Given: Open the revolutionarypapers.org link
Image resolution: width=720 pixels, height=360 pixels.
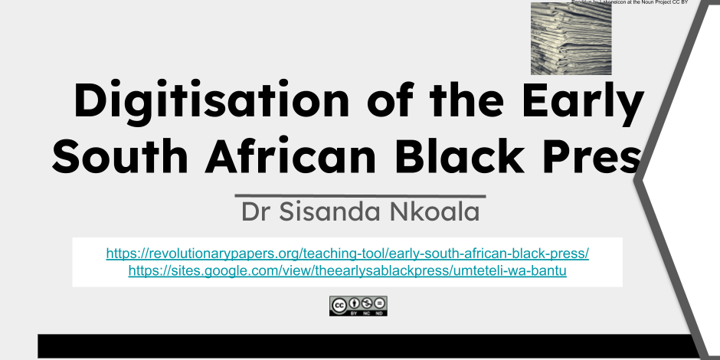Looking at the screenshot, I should click(x=347, y=253).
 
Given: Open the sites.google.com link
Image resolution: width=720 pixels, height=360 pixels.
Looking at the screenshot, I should click(x=347, y=270).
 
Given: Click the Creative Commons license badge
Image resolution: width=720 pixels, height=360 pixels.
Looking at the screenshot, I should click(x=358, y=306).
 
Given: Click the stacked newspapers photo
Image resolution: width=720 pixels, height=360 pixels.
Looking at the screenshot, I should click(x=571, y=38).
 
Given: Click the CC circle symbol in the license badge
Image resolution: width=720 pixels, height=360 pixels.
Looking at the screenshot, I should click(x=339, y=304).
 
